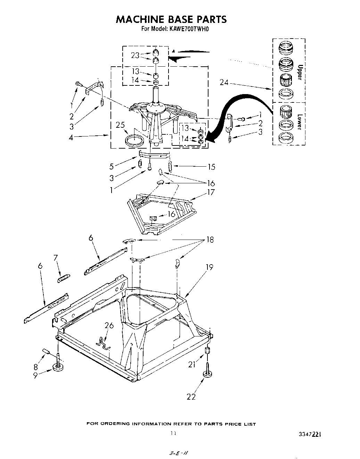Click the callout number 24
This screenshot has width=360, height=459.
point(224,82)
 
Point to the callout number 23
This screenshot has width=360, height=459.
point(135,55)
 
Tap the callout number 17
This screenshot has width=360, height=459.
point(211,192)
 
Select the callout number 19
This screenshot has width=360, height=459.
point(209,267)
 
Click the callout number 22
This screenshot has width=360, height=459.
point(191,396)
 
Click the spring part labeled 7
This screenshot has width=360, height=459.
point(64,278)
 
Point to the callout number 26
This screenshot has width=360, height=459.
point(109,325)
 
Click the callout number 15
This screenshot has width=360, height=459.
point(211,167)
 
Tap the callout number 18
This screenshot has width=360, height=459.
point(210,240)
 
